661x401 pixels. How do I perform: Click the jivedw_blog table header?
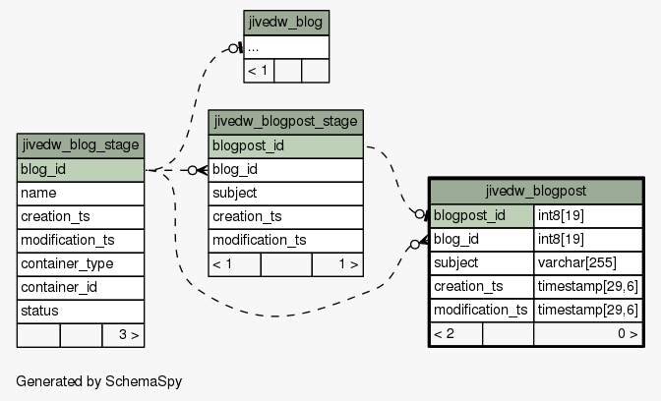point(286,23)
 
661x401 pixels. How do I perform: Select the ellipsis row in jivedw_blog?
point(286,47)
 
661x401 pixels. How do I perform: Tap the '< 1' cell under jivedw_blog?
point(259,71)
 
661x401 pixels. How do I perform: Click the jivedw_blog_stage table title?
point(81,145)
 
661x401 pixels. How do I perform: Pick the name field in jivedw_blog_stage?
point(81,194)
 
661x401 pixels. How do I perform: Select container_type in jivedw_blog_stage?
point(81,264)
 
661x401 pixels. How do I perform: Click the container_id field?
point(81,288)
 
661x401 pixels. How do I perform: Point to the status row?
point(81,312)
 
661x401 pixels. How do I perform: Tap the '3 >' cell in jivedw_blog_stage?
point(123,335)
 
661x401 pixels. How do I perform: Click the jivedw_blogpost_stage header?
point(286,122)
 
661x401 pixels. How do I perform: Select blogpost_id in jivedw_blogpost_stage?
point(286,146)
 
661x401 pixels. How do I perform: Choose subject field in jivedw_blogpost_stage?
point(286,194)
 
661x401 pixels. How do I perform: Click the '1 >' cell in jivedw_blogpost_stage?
point(337,264)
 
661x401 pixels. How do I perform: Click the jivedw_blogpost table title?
point(536,192)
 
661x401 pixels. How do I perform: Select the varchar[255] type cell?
point(588,262)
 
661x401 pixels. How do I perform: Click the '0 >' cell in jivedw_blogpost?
point(588,334)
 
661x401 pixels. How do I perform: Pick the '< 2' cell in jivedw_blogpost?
point(456,334)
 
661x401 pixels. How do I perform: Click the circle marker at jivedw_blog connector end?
point(233,48)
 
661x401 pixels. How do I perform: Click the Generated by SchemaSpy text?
point(99,381)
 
